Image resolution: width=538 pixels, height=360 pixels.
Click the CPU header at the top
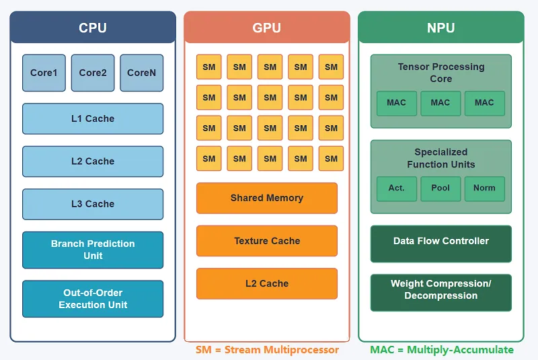[93, 28]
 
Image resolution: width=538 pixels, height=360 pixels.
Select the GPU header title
[267, 28]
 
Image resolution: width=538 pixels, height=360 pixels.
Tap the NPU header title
[440, 28]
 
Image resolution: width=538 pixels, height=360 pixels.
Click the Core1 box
[44, 73]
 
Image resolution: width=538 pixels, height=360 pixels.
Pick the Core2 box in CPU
[93, 73]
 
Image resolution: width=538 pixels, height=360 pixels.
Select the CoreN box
[141, 73]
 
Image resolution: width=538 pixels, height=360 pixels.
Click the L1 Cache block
[93, 118]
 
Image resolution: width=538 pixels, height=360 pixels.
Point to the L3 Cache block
[93, 204]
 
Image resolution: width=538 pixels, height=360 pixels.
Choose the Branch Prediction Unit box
[93, 250]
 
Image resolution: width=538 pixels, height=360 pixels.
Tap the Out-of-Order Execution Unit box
[93, 299]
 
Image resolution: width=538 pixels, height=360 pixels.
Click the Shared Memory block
[267, 198]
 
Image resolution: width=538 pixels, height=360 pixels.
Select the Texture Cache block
[267, 241]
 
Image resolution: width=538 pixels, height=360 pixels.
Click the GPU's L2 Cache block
[267, 283]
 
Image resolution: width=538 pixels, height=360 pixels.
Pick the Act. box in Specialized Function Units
[397, 188]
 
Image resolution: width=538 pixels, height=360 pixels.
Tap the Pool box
[440, 188]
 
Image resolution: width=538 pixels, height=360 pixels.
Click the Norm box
[484, 188]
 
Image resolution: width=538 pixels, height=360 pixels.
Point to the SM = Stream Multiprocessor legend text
[267, 350]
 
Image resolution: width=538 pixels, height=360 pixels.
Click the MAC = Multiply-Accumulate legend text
[441, 350]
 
